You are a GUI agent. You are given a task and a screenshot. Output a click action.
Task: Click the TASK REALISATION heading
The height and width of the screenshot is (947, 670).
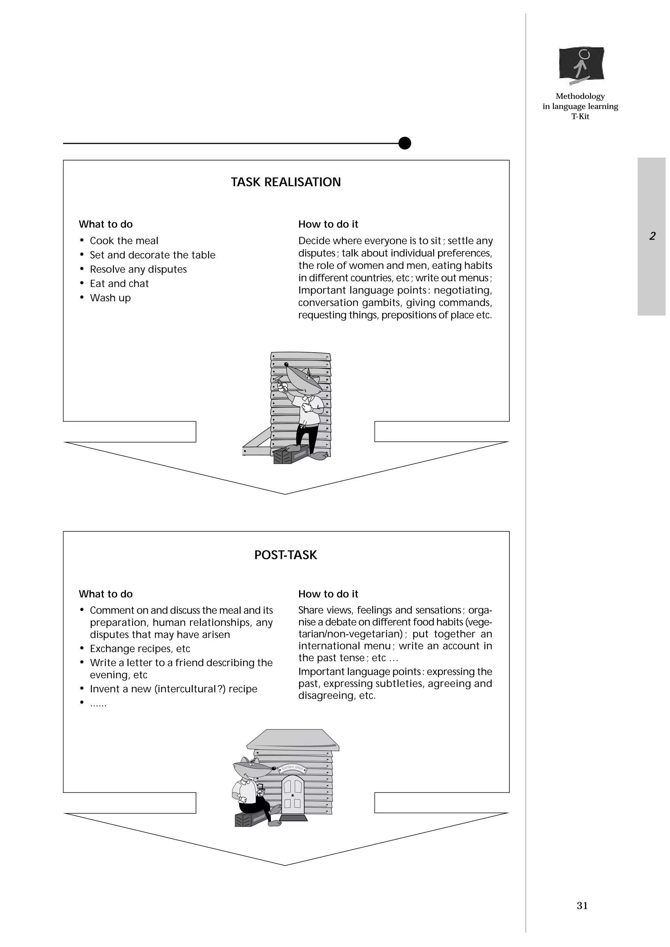[286, 182]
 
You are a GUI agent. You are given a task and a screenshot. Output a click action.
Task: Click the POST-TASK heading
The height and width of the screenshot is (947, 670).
[286, 555]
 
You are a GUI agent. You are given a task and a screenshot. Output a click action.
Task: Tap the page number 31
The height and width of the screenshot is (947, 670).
[582, 905]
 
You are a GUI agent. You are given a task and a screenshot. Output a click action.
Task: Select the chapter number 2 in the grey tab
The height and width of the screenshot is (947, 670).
[652, 236]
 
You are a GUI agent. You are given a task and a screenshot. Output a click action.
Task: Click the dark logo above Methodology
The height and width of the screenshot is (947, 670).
[581, 64]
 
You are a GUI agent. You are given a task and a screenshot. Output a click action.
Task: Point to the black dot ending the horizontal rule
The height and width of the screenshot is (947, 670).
[405, 143]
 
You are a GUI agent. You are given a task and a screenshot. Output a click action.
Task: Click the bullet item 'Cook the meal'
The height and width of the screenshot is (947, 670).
[124, 241]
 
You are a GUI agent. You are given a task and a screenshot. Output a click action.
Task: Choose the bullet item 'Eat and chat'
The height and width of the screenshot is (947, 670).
[119, 283]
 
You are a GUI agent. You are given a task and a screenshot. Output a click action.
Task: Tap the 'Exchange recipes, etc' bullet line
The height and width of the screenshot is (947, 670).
[140, 648]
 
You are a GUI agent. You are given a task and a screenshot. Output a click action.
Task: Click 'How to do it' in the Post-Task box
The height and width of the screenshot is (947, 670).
[328, 594]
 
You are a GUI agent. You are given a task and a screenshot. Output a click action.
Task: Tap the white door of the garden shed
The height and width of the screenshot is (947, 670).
[293, 792]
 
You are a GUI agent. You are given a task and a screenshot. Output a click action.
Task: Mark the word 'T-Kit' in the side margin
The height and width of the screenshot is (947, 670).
[580, 116]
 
